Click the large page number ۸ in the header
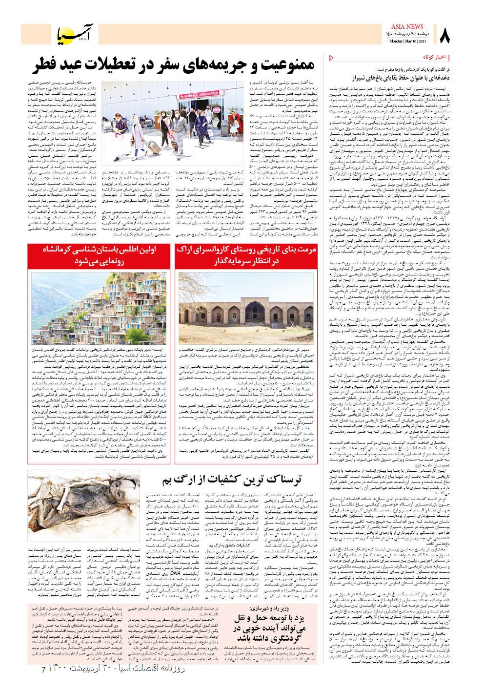click(x=445, y=35)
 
